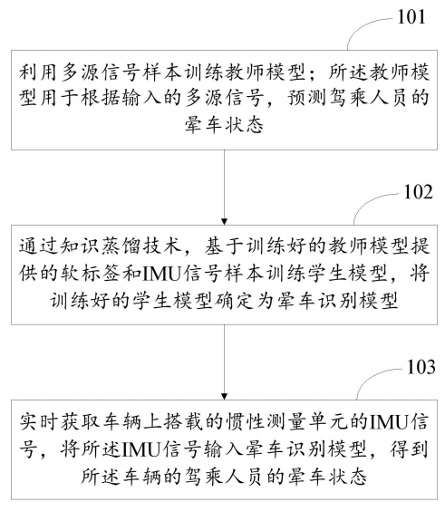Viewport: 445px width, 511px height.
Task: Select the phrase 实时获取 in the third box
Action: pyautogui.click(x=50, y=423)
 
